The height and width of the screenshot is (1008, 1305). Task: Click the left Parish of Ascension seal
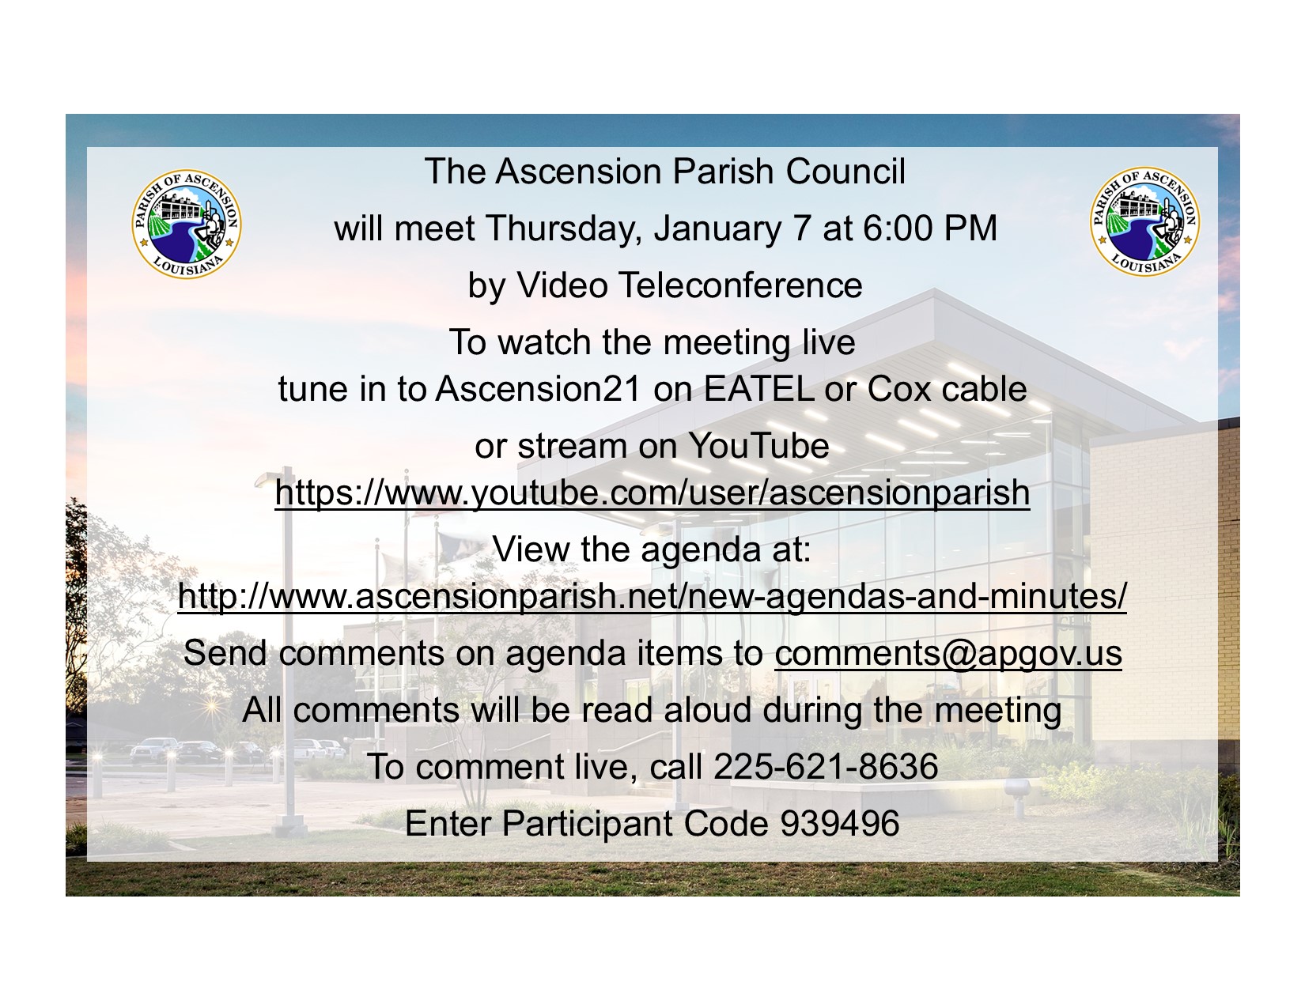187,224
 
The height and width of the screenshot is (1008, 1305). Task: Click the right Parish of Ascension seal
1145,221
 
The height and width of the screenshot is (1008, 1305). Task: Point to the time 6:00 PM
929,228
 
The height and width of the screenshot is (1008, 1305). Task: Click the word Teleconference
739,285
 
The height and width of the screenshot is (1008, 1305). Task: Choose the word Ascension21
538,389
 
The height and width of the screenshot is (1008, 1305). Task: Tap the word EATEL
758,389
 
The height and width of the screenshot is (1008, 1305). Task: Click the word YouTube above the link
758,446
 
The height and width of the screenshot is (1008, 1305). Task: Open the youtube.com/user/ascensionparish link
652,493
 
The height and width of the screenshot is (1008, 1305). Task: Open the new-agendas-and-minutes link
652,597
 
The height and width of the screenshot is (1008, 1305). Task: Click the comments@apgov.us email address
948,654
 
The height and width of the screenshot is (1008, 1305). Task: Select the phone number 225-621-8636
826,767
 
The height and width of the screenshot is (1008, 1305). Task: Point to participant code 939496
840,823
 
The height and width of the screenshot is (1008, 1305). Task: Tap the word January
718,228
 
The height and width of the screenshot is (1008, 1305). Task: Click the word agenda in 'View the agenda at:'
700,551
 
